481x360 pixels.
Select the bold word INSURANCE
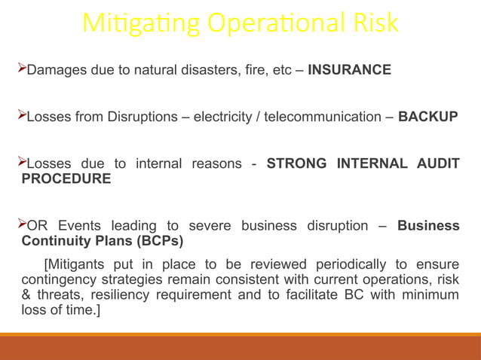pos(350,70)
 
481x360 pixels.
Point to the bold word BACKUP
pos(427,117)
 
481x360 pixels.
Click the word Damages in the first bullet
pos(54,70)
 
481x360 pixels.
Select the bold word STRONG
pos(296,163)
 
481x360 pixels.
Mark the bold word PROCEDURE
pos(66,178)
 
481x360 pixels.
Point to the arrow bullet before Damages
pos(21,69)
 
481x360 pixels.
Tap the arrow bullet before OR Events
pos(21,224)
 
